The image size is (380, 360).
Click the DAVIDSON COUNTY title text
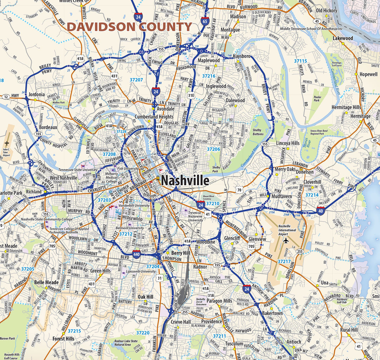coord(129,27)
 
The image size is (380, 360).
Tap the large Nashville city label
coord(185,181)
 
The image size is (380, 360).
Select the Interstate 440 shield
coord(137,254)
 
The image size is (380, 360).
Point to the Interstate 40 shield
coord(320,211)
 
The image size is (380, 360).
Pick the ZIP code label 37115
coord(300,61)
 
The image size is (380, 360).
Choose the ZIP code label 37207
coord(136,80)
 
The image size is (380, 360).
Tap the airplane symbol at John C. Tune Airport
coord(7,143)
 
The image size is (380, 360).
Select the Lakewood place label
coord(343,38)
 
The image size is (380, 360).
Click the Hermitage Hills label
coord(346,107)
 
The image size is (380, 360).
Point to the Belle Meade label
coord(46,282)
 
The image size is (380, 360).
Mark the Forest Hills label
coord(63,339)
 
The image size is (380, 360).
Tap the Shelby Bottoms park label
coord(258,132)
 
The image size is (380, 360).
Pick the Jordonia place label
coord(37,95)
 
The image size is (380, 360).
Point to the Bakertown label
coord(272,313)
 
